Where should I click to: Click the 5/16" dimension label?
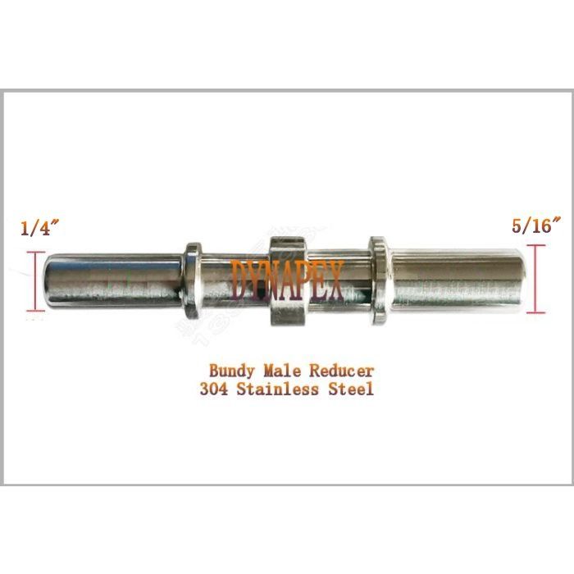point(535,226)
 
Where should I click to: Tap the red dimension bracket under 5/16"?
point(535,279)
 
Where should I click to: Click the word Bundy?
point(234,371)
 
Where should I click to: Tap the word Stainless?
point(283,389)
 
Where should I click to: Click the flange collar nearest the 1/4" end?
point(192,281)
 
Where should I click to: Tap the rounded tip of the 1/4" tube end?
point(49,281)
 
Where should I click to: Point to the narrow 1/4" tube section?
point(115,281)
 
